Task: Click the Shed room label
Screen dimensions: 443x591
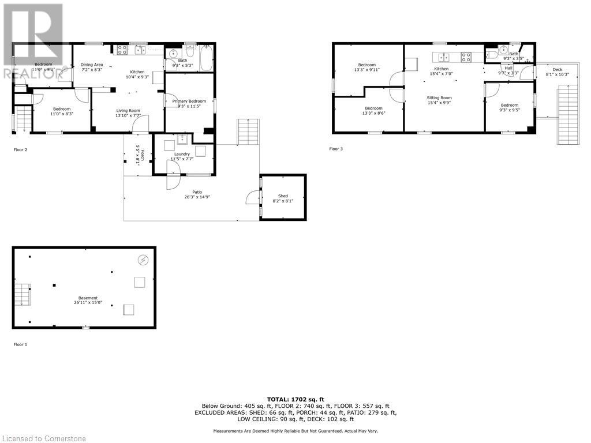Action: (x=283, y=196)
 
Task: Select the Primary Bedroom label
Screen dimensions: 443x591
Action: (x=189, y=101)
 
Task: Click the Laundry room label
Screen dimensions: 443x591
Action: (x=182, y=154)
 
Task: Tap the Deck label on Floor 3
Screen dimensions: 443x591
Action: (x=558, y=70)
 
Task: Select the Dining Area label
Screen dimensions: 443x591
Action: (x=92, y=65)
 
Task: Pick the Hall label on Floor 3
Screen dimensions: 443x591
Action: (x=508, y=68)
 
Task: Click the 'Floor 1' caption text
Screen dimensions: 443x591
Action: (x=20, y=344)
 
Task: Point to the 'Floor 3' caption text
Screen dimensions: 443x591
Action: (x=336, y=149)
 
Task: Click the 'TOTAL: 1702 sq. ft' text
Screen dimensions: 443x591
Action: (x=295, y=399)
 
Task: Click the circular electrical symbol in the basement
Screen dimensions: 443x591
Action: (x=143, y=260)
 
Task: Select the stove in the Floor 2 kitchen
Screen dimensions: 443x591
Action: (x=122, y=50)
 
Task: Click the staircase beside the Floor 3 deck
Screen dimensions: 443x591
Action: (x=567, y=113)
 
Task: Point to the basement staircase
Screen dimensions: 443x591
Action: (x=21, y=294)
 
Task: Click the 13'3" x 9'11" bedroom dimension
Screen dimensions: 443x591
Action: (x=366, y=70)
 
